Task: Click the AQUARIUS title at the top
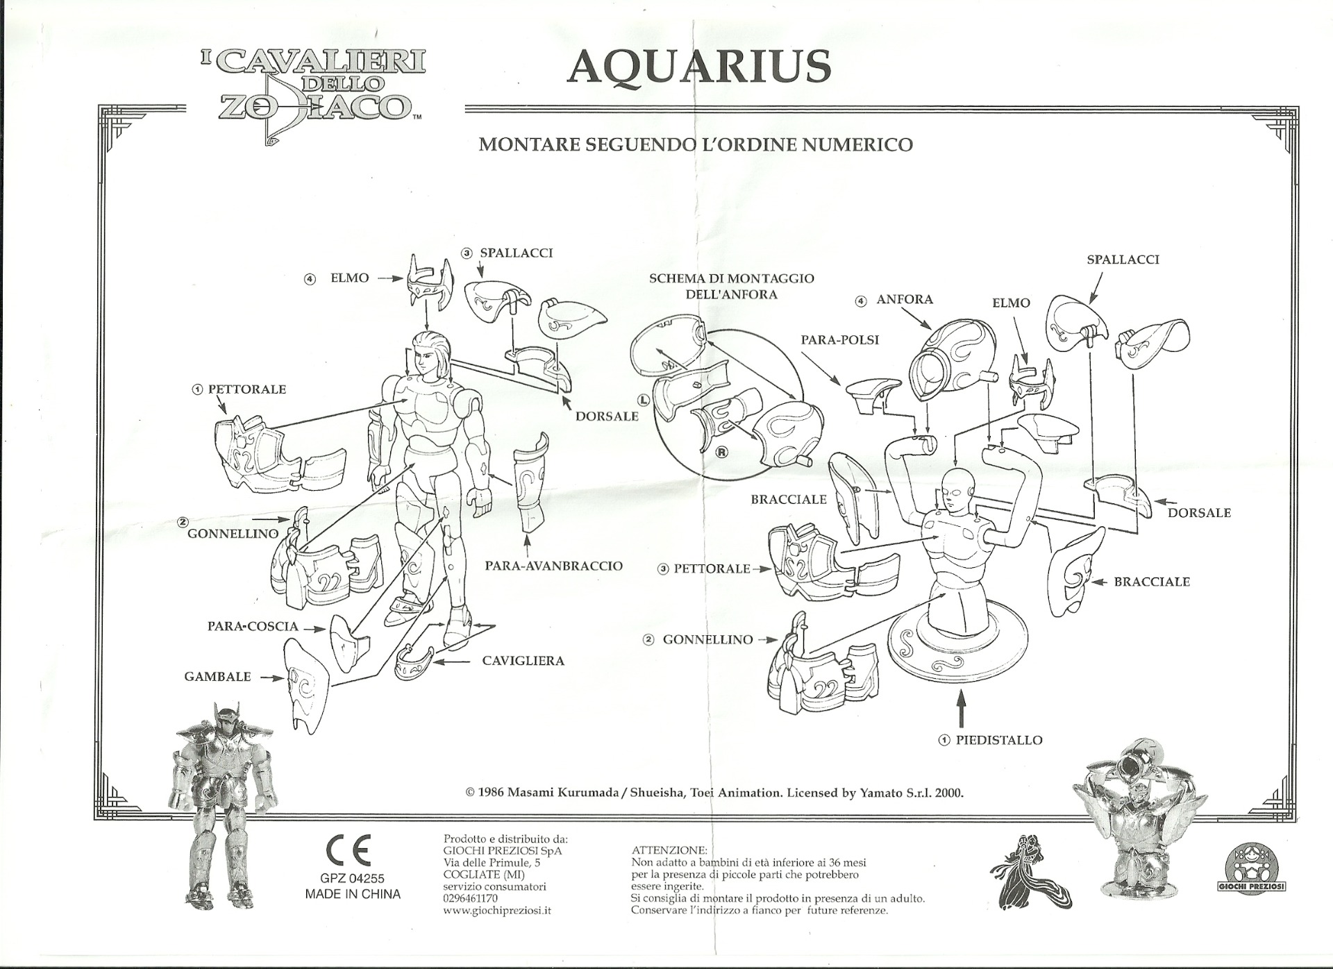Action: click(699, 67)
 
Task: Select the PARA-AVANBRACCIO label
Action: click(553, 566)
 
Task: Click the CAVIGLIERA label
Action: click(523, 661)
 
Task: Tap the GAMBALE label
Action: click(217, 677)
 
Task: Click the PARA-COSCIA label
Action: click(253, 626)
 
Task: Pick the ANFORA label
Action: click(904, 300)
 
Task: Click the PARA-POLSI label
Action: click(839, 339)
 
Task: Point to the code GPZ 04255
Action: click(352, 879)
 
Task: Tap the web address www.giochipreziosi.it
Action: click(496, 910)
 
